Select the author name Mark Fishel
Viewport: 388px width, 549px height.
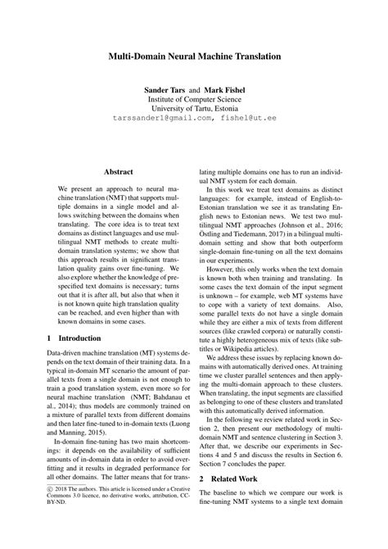224,88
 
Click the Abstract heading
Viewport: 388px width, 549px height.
118,171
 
